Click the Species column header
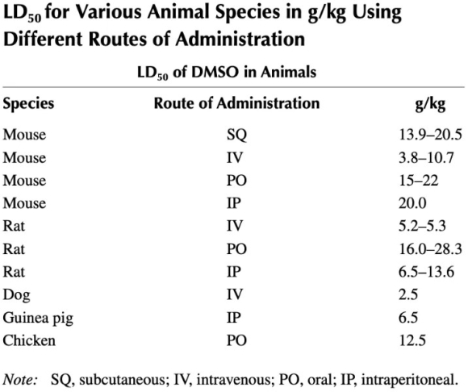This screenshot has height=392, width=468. point(29,104)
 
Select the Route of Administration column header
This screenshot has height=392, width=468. point(236,103)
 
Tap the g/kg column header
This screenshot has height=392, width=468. point(430,104)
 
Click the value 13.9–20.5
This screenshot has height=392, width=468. point(430,135)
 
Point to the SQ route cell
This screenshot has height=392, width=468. point(236,136)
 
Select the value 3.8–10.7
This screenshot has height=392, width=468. point(426,157)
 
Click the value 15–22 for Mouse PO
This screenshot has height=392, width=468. point(419,181)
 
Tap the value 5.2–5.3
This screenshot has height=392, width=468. point(422,226)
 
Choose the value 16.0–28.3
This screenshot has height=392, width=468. point(430,248)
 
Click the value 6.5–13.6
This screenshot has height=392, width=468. point(426,272)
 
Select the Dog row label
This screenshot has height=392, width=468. point(16,295)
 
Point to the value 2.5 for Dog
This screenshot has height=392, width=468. point(408,294)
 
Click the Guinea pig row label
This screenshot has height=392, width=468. point(38,319)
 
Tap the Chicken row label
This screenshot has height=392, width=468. point(29,340)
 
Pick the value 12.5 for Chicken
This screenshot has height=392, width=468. point(412,340)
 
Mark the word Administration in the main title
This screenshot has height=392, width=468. point(240,39)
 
